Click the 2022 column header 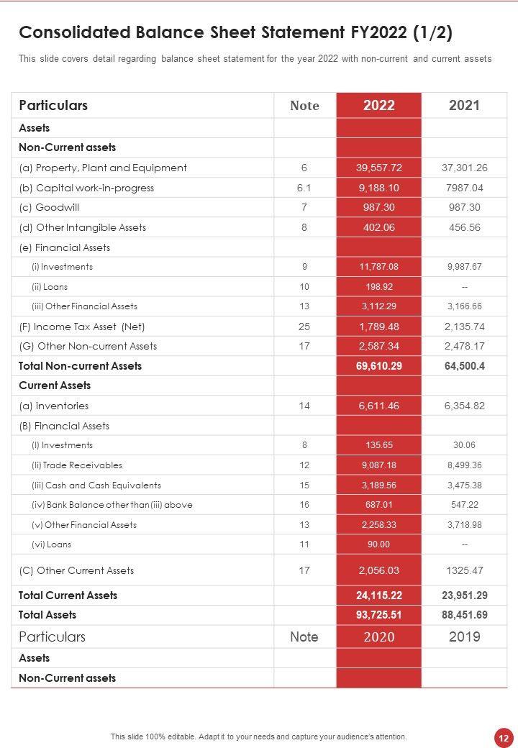[378, 106]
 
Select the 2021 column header [464, 106]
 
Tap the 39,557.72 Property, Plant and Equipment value [378, 168]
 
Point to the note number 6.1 [304, 188]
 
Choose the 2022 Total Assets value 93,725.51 [378, 615]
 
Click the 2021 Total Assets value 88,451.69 [464, 615]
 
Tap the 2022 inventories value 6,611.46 [378, 406]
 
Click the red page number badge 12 [502, 737]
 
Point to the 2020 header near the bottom [378, 637]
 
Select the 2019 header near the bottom [464, 637]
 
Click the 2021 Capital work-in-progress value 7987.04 [464, 188]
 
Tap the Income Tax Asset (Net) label [82, 327]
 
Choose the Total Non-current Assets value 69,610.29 [378, 366]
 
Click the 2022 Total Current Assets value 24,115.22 [378, 596]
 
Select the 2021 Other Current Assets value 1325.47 [464, 570]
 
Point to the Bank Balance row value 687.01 [378, 505]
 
